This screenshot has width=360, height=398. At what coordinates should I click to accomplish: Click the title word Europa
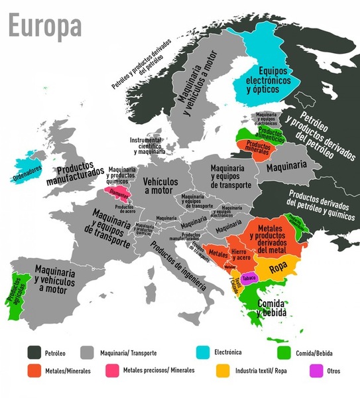44,26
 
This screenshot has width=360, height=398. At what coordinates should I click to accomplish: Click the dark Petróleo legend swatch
35,352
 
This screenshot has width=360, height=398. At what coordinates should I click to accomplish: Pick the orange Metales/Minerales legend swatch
35,370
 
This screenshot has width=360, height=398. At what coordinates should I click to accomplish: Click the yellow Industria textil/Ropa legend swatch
223,370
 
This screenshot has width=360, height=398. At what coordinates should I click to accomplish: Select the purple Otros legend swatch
315,370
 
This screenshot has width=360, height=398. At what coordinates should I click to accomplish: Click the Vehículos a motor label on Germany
160,185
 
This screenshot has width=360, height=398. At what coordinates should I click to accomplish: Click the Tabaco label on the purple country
249,279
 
